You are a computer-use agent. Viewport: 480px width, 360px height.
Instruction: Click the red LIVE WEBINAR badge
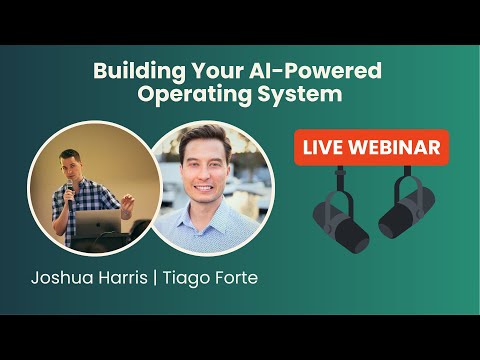[372, 148]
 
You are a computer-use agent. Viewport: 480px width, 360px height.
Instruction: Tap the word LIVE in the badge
[326, 148]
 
